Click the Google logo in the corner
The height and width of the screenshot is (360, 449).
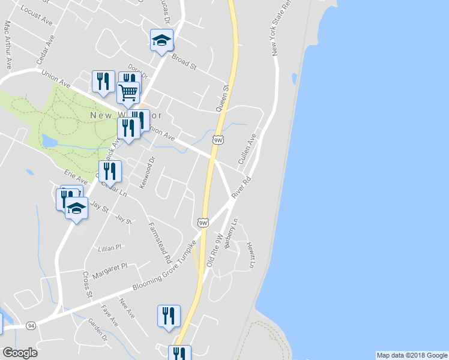pyautogui.click(x=20, y=353)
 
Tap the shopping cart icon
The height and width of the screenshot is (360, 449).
pyautogui.click(x=128, y=93)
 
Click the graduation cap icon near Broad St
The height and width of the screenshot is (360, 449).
pyautogui.click(x=161, y=40)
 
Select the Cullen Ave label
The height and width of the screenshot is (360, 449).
pyautogui.click(x=247, y=149)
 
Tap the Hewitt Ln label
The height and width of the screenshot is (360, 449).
pyautogui.click(x=250, y=256)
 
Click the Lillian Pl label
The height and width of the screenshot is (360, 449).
pyautogui.click(x=110, y=247)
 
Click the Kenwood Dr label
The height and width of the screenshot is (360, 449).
pyautogui.click(x=147, y=173)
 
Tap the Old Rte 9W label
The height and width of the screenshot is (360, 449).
pyautogui.click(x=214, y=251)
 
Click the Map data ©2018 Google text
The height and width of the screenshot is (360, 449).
pyautogui.click(x=412, y=355)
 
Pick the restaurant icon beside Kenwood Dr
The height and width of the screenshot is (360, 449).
pyautogui.click(x=110, y=172)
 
